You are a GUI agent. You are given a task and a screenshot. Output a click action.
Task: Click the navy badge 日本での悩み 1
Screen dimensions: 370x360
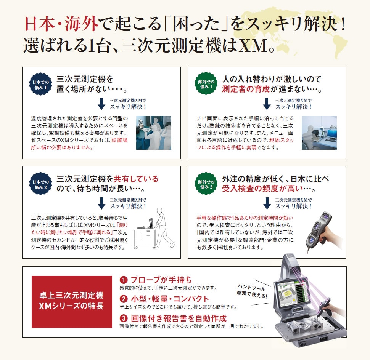[40, 84]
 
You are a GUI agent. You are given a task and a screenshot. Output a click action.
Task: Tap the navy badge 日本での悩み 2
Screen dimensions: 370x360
[40, 184]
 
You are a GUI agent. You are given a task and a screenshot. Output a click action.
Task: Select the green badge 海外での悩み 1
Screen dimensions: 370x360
[206, 83]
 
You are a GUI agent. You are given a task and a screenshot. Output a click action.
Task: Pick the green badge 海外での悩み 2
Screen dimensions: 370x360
[206, 184]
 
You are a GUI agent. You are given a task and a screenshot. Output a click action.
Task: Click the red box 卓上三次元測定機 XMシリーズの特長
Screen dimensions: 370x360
[72, 302]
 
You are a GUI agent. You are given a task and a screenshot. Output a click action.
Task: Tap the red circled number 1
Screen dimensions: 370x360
[124, 280]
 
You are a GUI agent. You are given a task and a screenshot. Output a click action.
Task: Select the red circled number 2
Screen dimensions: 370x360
[124, 299]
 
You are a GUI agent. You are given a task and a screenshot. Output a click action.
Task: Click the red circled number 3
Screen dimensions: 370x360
[124, 318]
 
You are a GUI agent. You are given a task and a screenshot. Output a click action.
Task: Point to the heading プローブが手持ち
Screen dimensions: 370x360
[161, 280]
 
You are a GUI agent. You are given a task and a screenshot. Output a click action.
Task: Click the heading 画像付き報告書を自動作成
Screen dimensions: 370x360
[179, 318]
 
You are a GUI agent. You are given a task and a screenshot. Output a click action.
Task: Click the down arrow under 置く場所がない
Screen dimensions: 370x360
[101, 104]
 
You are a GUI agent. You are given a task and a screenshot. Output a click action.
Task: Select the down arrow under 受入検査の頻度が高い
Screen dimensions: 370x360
[267, 203]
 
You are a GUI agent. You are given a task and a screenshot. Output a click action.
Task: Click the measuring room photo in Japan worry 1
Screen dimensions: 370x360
[154, 133]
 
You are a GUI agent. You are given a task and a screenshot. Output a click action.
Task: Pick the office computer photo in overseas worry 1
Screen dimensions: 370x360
[319, 133]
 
